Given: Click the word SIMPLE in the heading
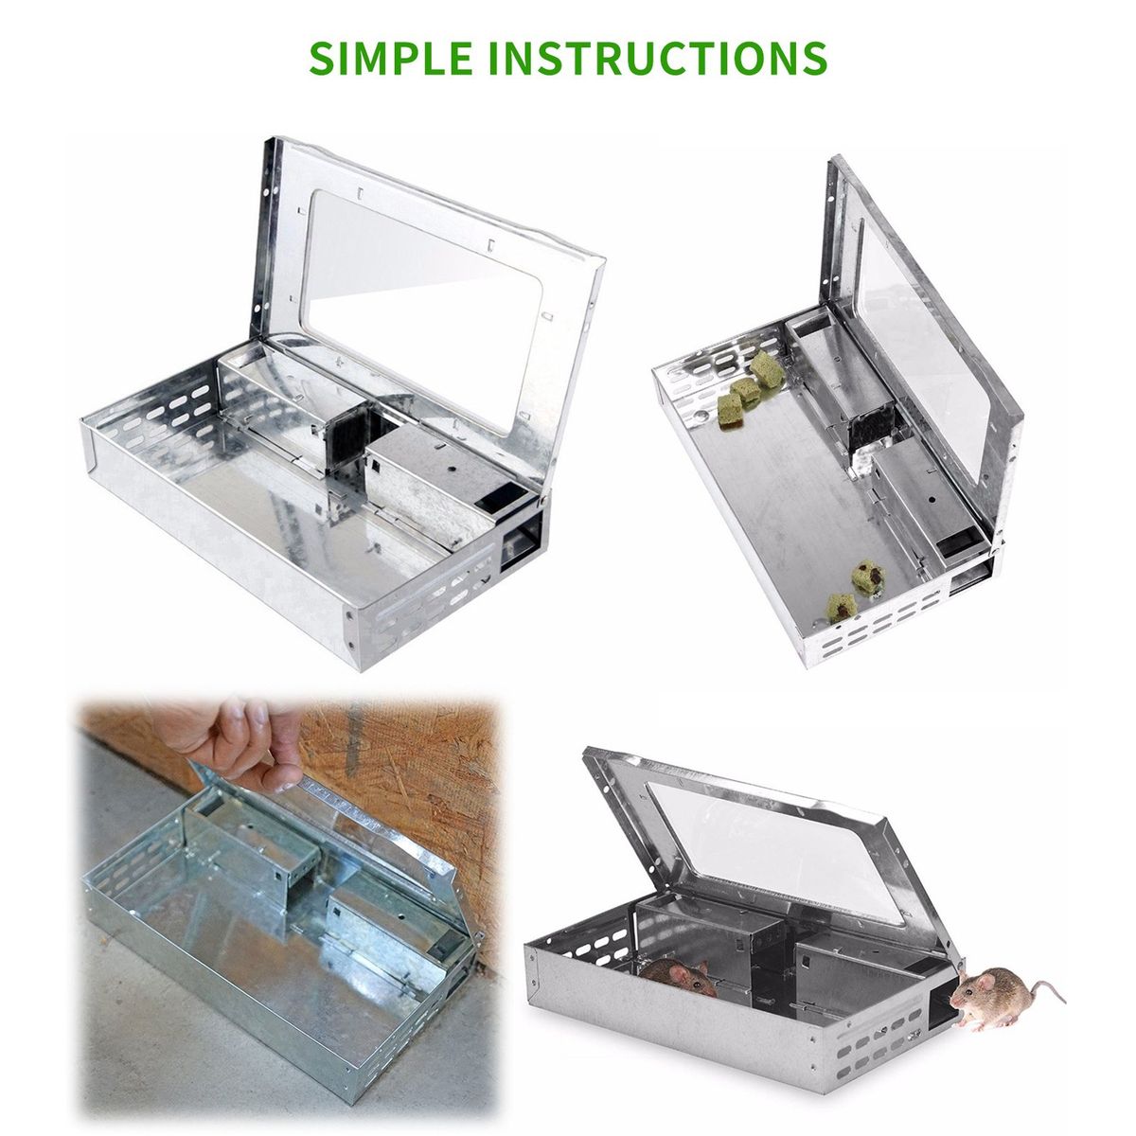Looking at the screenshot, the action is pos(390,58).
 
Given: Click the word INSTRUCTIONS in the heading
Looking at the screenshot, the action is pos(658,58).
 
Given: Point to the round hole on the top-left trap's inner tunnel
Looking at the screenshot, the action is pos(452,470).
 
